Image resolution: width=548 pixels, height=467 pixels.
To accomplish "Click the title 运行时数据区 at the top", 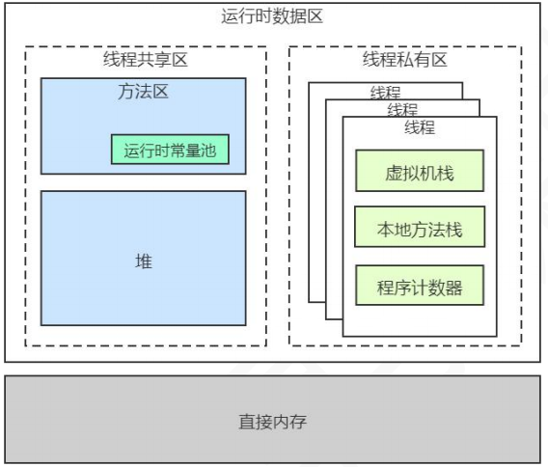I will pos(272,16).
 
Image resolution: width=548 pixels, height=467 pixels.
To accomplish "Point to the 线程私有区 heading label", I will pos(404,60).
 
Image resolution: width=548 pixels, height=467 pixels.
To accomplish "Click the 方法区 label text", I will pos(143,93).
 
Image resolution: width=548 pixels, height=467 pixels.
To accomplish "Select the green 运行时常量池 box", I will pos(170,150).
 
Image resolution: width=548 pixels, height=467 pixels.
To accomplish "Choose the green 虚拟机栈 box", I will pos(419,175).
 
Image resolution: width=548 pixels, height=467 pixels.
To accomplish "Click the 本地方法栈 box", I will pos(419,231).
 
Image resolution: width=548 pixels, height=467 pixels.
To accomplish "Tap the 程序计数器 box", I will pos(419,287).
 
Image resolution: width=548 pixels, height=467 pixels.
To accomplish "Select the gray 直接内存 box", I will pos(272,422).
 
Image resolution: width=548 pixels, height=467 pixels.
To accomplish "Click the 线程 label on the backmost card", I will pos(385,93).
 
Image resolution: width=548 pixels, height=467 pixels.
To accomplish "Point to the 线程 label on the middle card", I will pos(402,110).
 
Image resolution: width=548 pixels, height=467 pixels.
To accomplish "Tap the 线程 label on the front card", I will pos(420,127).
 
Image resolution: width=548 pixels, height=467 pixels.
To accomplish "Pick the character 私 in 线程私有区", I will pos(404,60).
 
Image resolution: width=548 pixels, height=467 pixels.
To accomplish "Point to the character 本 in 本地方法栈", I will pos(384,231).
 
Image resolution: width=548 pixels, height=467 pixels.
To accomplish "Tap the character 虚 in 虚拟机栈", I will pos(392,175).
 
